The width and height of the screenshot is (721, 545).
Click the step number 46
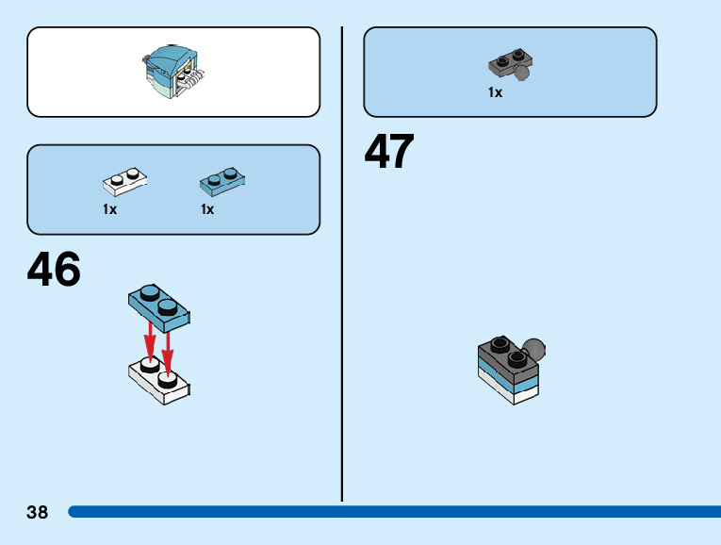coord(54,270)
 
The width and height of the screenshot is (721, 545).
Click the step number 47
coord(389,152)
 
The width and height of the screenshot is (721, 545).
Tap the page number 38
coord(38,513)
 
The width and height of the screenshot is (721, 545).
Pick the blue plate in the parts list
coord(222,179)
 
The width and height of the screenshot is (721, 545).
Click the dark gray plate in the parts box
coord(507,65)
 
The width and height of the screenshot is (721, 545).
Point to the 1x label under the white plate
coord(110,209)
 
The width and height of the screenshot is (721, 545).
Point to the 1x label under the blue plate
coord(207,209)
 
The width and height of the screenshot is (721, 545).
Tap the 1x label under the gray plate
coord(495,92)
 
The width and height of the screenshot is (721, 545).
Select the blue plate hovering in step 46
coord(158,306)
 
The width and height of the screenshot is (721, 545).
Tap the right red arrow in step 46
coord(168,348)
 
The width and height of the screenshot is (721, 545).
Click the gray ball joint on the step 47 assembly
coord(535,350)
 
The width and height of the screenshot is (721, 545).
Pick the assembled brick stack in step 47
coord(510,370)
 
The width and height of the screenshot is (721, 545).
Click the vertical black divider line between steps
coord(342,264)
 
